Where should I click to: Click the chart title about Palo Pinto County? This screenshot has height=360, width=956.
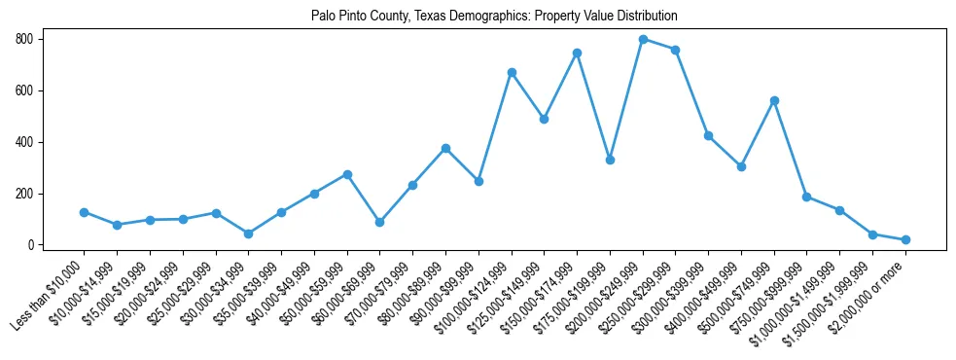[x=494, y=17]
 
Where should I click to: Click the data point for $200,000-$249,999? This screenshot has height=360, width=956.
[x=643, y=39]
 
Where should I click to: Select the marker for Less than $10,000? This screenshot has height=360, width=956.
[x=85, y=212]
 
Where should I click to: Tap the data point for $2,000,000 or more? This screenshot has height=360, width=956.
[x=905, y=239]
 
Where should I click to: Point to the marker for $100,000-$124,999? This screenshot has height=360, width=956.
[x=512, y=73]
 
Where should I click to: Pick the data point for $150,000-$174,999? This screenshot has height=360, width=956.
[x=577, y=53]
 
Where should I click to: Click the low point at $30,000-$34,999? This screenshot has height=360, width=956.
[x=248, y=234]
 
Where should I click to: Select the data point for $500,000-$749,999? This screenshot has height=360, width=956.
[x=774, y=100]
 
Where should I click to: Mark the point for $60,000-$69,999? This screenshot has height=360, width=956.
[x=379, y=222]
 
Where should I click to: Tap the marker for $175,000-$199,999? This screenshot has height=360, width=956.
[x=610, y=160]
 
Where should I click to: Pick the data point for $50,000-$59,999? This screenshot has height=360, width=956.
[x=347, y=174]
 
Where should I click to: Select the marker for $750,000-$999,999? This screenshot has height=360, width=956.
[x=806, y=197]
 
